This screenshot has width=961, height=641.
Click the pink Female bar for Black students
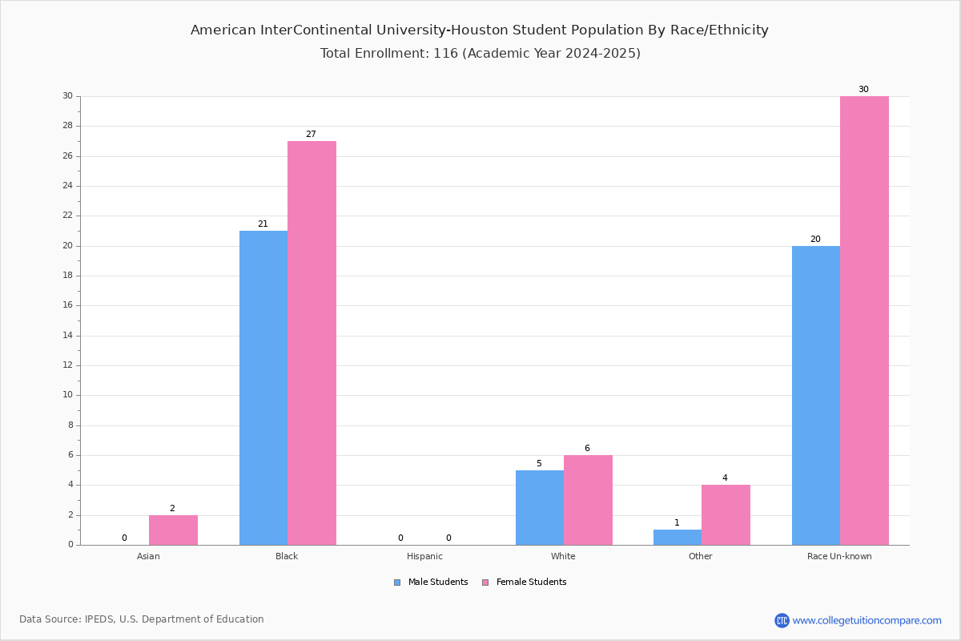[x=312, y=343]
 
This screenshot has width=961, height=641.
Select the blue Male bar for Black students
[x=263, y=388]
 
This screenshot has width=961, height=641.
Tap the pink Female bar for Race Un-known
[x=864, y=320]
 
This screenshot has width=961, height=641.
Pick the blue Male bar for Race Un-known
[x=816, y=396]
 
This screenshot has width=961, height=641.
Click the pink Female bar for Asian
[x=173, y=530]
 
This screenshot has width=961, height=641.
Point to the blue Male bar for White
[x=540, y=508]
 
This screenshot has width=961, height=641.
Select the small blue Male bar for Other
[x=678, y=538]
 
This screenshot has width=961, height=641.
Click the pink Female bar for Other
[x=726, y=515]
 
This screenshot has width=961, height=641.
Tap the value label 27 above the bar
[x=311, y=134]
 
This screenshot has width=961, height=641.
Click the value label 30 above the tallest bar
[x=863, y=89]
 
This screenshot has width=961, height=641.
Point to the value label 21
[x=263, y=224]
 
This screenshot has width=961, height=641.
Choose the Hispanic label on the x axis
[x=424, y=556]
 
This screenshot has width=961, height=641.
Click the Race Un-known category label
[x=839, y=556]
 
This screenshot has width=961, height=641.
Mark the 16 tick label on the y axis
[x=68, y=305]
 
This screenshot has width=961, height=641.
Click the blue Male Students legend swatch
[x=397, y=583]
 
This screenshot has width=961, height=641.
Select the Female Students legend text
[x=532, y=582]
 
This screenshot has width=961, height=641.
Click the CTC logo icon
[x=782, y=620]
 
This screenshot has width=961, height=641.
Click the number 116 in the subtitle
[x=446, y=53]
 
